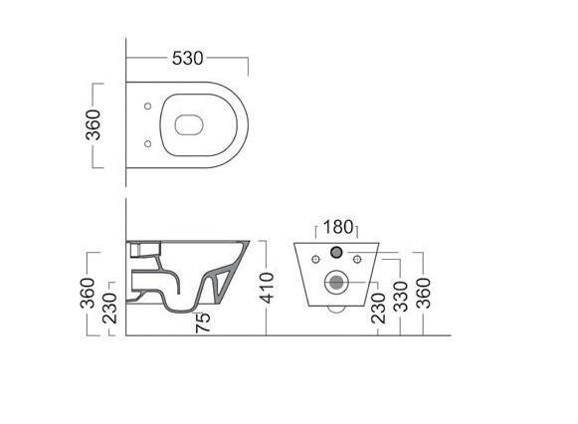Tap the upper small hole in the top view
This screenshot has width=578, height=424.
point(147,106)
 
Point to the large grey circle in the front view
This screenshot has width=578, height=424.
point(335,281)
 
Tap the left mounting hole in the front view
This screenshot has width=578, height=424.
point(316,261)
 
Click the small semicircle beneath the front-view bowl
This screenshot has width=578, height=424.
point(335,308)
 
